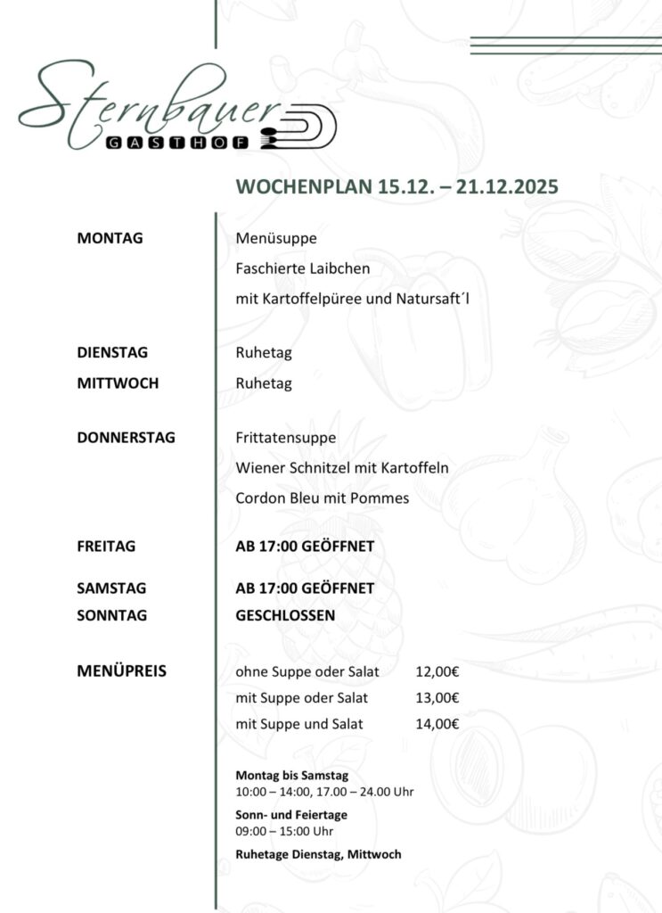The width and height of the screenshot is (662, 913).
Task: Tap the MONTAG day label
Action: tap(110, 238)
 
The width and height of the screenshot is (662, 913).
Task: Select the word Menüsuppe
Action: tap(276, 238)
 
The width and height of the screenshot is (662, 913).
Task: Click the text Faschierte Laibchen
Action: tap(302, 267)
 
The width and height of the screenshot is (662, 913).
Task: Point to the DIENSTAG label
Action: tap(112, 353)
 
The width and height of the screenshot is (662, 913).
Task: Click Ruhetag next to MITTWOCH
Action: tap(264, 384)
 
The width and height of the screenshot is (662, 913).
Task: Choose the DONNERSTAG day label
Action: tap(127, 437)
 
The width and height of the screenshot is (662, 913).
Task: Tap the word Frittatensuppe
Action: tap(285, 438)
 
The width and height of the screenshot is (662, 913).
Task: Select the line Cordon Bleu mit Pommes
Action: tap(322, 498)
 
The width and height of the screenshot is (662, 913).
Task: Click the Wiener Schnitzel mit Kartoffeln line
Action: tap(341, 468)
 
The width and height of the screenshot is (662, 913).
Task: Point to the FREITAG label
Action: tap(107, 547)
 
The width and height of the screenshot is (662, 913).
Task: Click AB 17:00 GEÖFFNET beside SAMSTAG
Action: tap(304, 588)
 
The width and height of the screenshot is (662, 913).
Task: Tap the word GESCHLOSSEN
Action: tap(285, 615)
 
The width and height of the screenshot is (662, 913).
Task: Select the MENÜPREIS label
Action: tap(122, 671)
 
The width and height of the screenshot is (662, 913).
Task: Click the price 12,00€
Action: tap(437, 671)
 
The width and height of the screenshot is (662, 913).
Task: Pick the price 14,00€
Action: tap(437, 724)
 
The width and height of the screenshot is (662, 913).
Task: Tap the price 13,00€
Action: tap(437, 698)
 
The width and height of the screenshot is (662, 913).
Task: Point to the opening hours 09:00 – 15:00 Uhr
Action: tap(283, 831)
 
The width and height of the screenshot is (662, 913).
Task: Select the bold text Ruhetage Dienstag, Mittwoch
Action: tap(318, 854)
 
